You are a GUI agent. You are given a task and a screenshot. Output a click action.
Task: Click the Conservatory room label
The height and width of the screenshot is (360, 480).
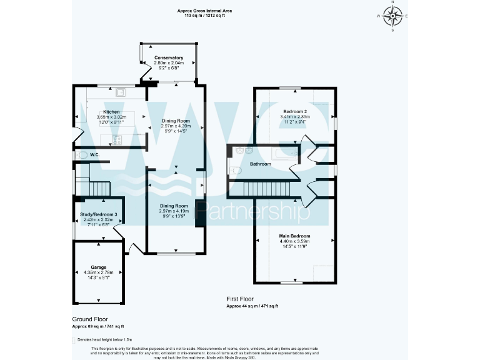coord(169,58)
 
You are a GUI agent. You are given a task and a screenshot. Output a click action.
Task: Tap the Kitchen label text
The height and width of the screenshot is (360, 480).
coord(102,112)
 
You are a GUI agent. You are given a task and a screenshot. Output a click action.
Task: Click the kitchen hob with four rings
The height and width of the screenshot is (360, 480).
coord(116,139)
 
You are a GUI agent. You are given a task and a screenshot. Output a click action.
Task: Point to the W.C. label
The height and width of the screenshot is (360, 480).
coord(95,154)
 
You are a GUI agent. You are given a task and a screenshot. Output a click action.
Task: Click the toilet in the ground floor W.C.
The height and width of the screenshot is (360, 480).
coord(81,155)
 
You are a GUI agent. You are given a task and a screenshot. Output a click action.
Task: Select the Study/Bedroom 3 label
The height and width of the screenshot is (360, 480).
coord(99,215)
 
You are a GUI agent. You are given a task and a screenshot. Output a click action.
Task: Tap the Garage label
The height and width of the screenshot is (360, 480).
coord(99,267)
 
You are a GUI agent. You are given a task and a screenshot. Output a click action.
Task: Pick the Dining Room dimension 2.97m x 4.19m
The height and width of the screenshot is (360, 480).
coord(174,211)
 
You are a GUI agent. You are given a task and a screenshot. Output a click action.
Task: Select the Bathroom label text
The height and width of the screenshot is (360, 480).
coord(261,164)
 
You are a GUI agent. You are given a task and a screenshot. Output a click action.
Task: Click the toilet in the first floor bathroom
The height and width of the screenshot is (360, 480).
coord(236,170)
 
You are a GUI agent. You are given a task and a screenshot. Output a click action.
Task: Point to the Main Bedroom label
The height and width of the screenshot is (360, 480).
coord(294,236)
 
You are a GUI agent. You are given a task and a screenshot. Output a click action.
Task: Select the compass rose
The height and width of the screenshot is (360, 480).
coord(393,16)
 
